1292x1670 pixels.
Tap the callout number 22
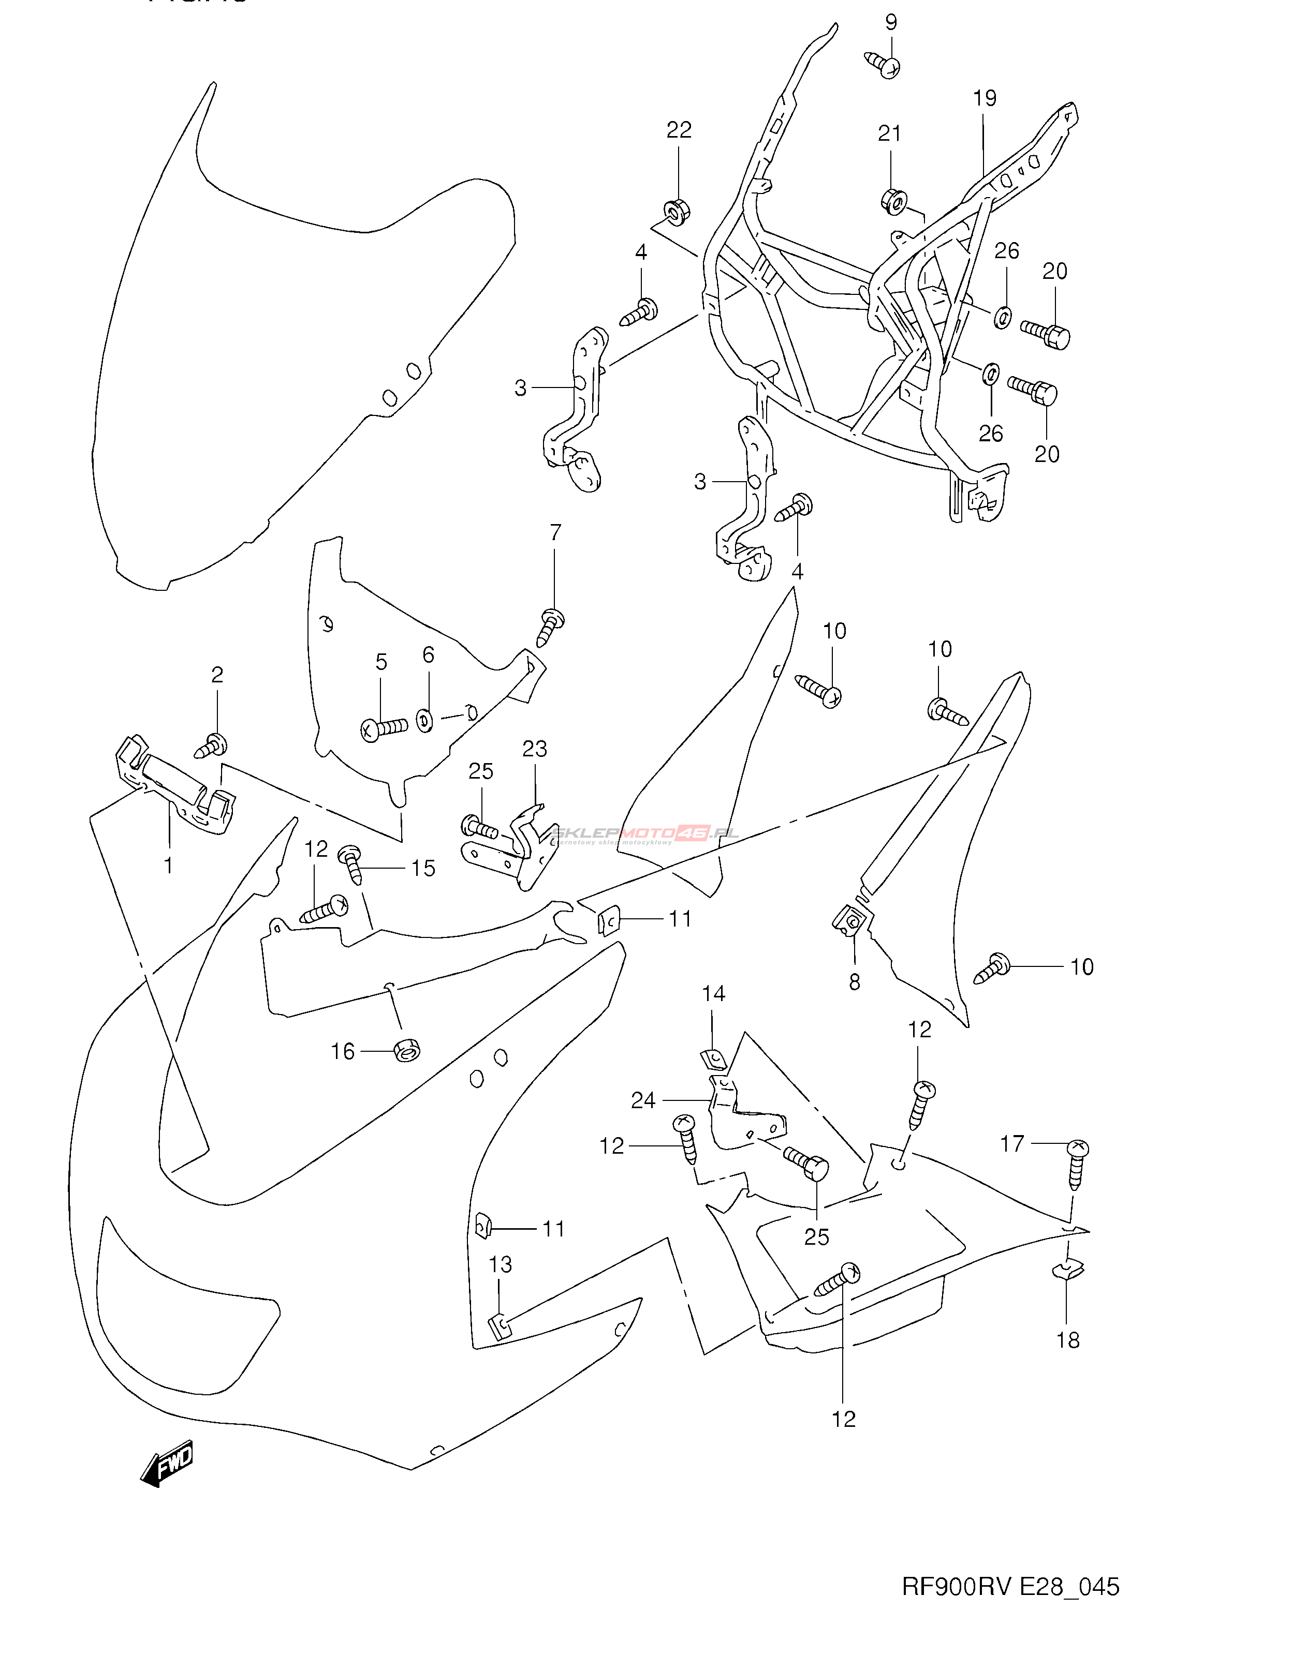pos(679,131)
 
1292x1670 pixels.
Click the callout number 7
pos(555,533)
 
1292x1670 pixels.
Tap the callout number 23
pos(535,749)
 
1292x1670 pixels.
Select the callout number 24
pos(643,1100)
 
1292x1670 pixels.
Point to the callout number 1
pos(168,866)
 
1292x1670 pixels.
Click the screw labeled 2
pos(211,745)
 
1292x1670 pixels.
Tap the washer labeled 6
pos(424,720)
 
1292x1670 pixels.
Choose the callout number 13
pos(500,1265)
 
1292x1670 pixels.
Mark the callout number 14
pos(713,994)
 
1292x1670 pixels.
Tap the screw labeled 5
pos(385,729)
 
